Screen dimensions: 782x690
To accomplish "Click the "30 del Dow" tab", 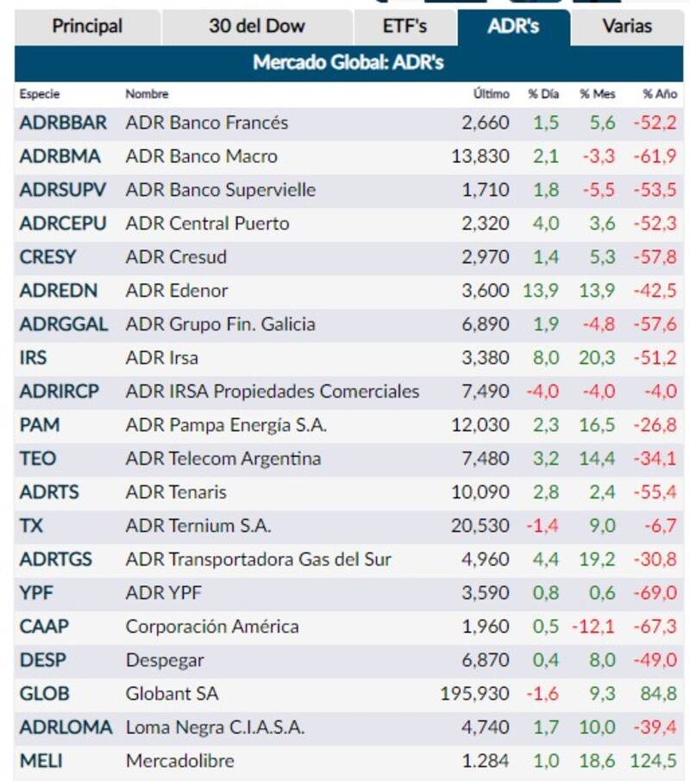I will click(256, 26).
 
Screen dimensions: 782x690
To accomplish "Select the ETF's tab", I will click(405, 26).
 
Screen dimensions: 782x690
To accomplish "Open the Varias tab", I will click(627, 26).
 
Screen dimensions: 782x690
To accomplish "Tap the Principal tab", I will click(87, 26).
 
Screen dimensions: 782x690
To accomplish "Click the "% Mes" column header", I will click(597, 94).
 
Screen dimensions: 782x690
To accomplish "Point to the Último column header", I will click(491, 94).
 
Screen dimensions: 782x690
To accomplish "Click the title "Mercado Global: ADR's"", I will click(348, 63).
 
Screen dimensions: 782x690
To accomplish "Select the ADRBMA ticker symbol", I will click(60, 156).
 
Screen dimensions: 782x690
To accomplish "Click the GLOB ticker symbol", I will click(44, 693).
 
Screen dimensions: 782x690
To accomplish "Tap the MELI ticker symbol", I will click(41, 760).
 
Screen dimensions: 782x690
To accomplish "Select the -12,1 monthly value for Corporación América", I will click(593, 627).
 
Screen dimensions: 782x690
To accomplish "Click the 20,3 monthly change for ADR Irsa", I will click(597, 358).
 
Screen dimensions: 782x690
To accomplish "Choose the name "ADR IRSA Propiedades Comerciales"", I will click(273, 391).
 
